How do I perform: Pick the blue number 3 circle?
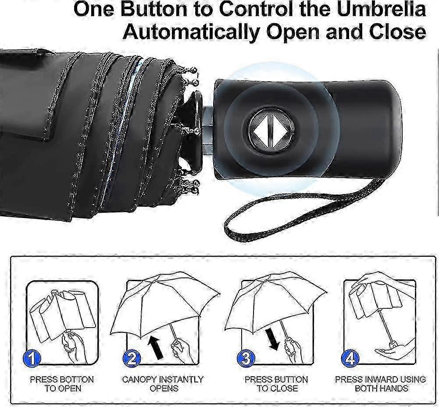(x=246, y=358)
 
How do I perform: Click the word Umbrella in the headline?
(x=382, y=9)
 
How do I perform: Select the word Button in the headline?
(x=153, y=9)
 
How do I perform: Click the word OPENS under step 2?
(x=164, y=389)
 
